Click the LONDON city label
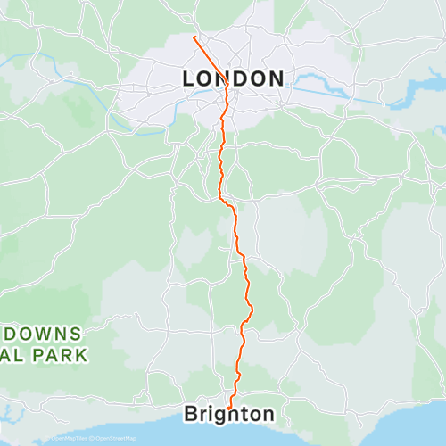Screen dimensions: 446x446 tap(233, 78)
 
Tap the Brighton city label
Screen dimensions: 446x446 tap(229, 414)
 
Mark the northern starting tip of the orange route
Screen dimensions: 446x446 tap(194, 37)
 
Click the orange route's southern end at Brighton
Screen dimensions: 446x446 tap(229, 407)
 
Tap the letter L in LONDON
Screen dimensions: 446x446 tap(189, 78)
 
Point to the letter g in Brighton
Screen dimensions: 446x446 tap(219, 416)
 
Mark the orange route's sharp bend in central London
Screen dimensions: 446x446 tap(227, 84)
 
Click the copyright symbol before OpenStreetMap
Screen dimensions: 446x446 tap(94, 438)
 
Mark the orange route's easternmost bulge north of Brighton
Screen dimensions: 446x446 tap(252, 309)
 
